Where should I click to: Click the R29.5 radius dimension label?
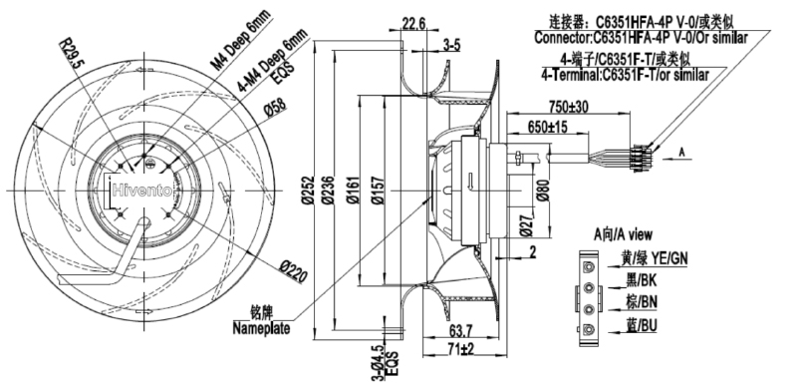pyautogui.click(x=72, y=55)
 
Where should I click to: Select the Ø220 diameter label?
pyautogui.click(x=293, y=271)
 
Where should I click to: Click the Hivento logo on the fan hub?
pyautogui.click(x=142, y=191)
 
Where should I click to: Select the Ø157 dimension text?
pyautogui.click(x=378, y=191)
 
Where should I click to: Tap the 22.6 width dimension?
pyautogui.click(x=413, y=23)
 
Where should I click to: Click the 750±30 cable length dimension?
pyautogui.click(x=568, y=107)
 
